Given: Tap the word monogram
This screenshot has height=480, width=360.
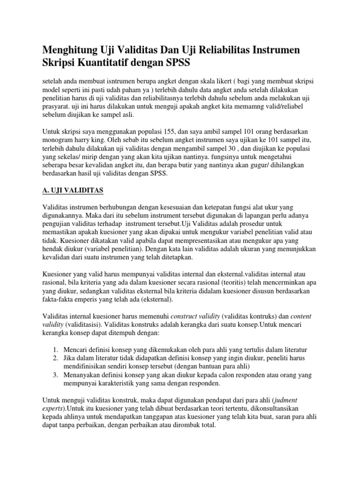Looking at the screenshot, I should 58,141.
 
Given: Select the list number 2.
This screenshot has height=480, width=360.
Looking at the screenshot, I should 55,359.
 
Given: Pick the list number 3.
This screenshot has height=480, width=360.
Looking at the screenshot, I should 55,375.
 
